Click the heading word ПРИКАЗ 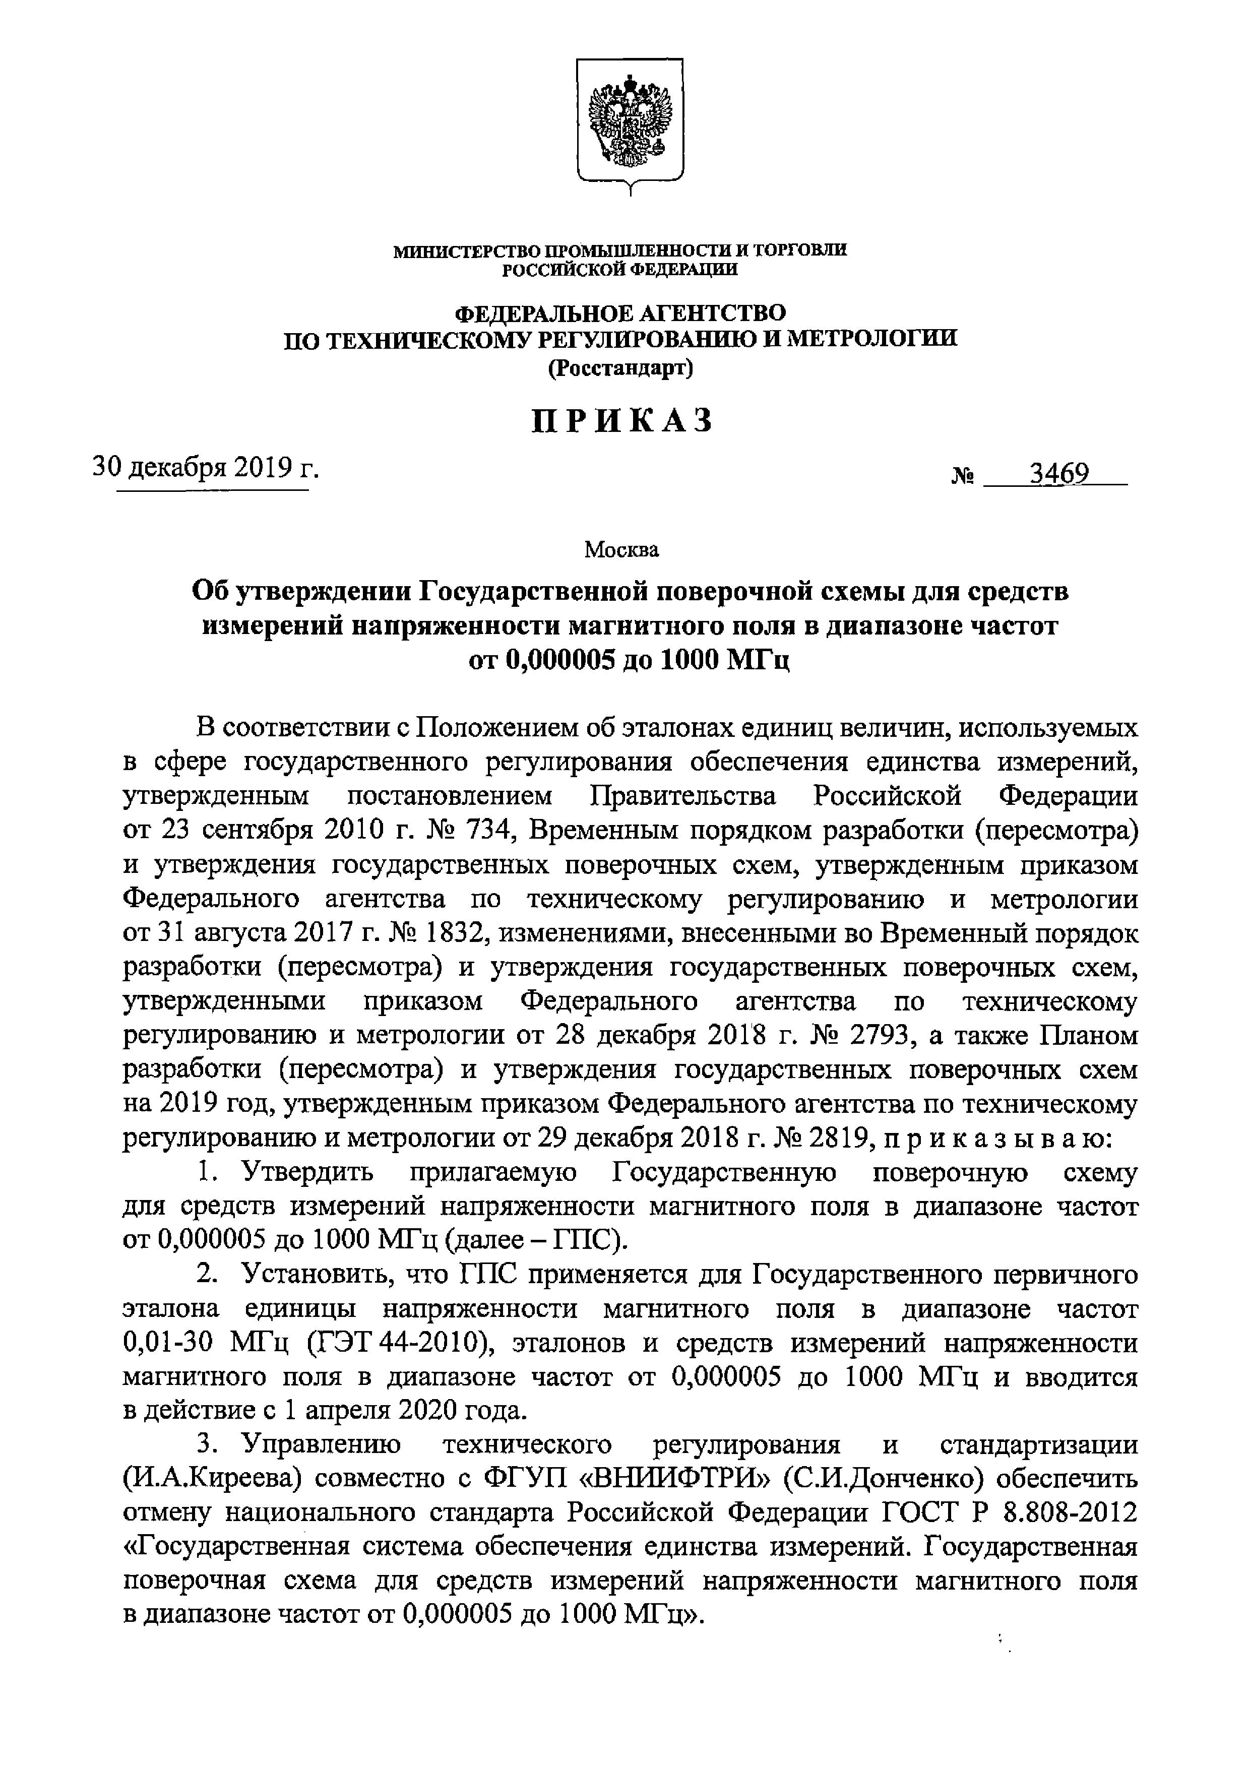[622, 421]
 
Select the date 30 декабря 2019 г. [206, 467]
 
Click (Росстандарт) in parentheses [621, 369]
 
